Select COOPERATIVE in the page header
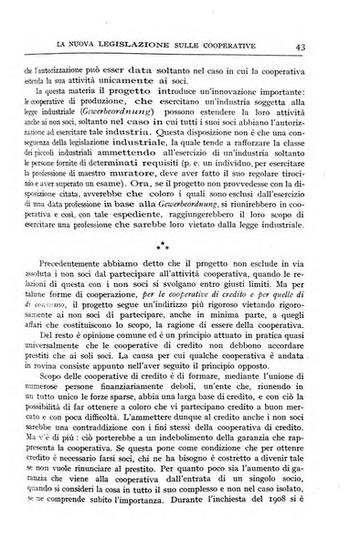pyautogui.click(x=243, y=47)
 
